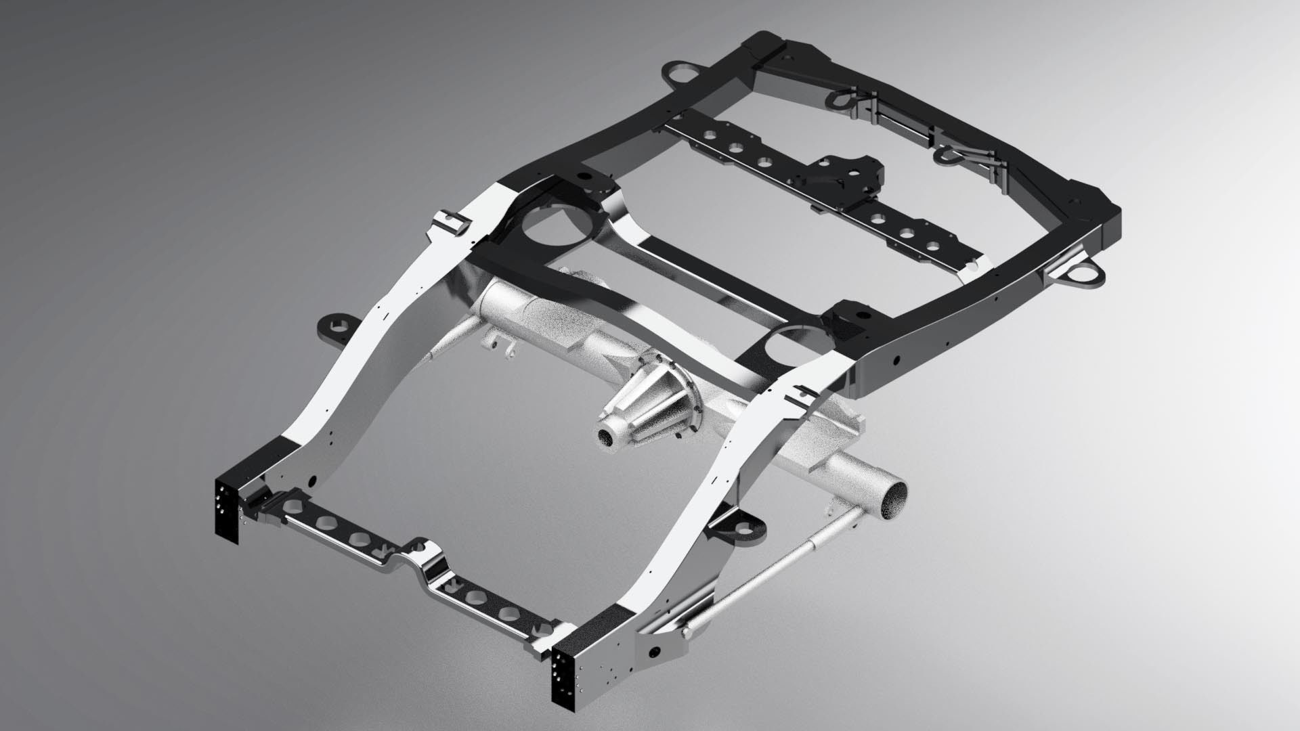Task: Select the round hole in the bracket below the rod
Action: tap(655, 652)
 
